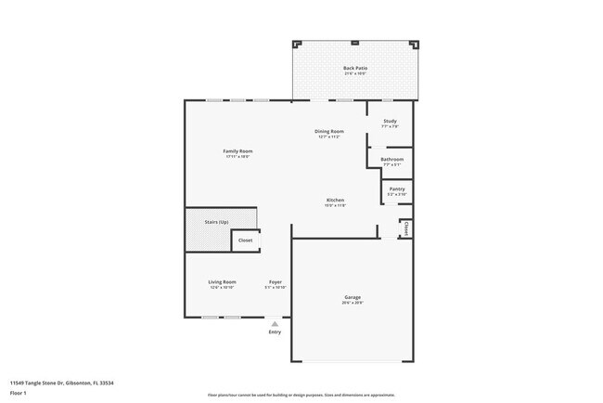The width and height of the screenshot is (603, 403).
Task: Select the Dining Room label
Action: click(329, 132)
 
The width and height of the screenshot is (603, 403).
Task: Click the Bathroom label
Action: click(391, 160)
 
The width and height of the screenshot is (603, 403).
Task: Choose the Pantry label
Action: click(396, 188)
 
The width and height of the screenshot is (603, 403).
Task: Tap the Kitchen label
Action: click(335, 201)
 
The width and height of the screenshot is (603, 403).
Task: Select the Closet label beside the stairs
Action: click(245, 240)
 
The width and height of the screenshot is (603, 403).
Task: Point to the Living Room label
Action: click(222, 281)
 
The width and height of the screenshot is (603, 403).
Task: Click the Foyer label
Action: click(276, 281)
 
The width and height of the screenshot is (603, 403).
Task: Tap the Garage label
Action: click(352, 297)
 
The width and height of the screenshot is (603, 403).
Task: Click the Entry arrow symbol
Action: click(274, 323)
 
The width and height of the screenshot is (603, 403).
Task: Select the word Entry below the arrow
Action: click(275, 331)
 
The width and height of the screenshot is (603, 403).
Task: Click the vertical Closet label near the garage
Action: click(406, 228)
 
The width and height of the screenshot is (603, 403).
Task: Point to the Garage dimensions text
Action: click(352, 304)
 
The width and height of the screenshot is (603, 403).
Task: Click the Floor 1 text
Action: click(19, 393)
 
